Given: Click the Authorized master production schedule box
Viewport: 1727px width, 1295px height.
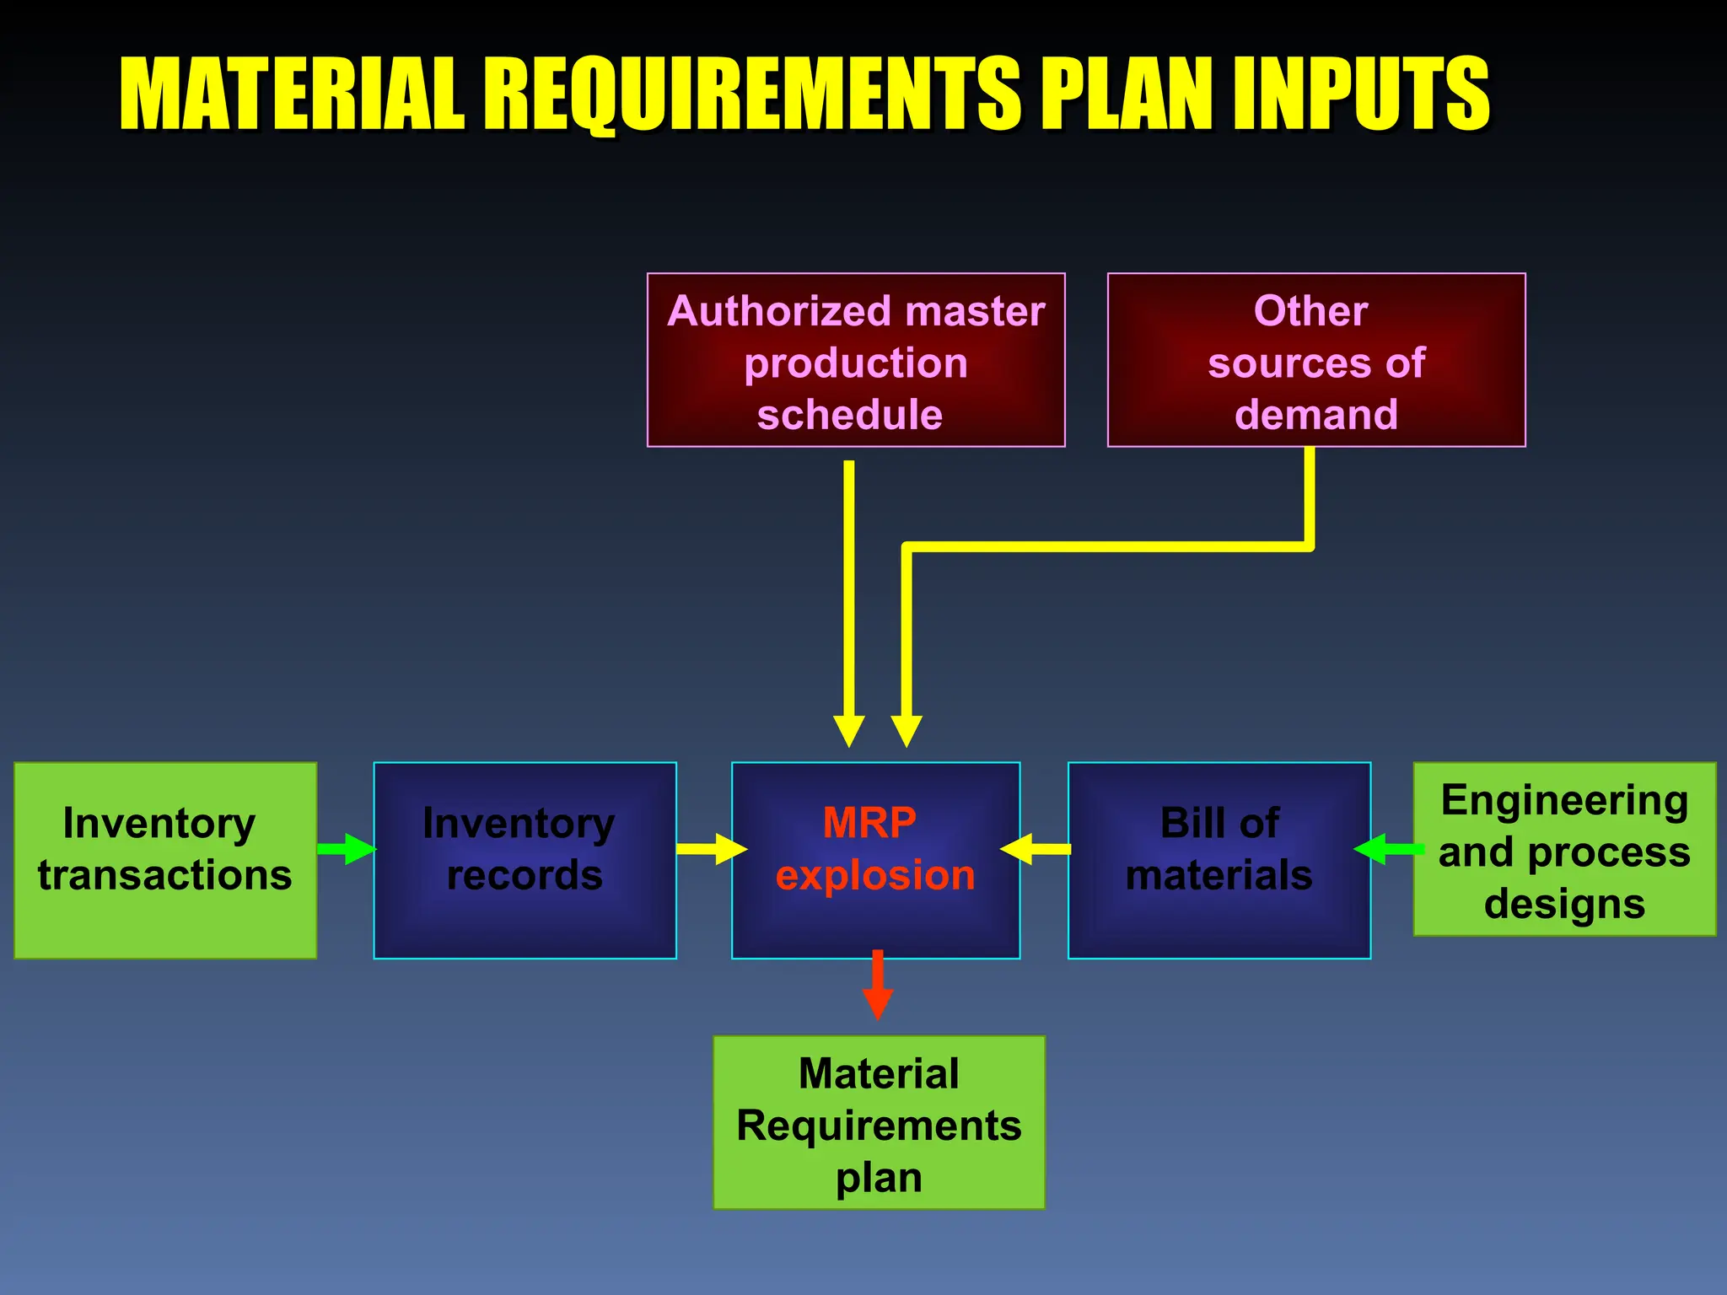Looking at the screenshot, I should (x=856, y=360).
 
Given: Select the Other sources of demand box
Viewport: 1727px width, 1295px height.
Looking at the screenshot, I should (x=1315, y=360).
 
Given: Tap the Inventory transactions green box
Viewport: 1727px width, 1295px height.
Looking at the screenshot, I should (x=165, y=860).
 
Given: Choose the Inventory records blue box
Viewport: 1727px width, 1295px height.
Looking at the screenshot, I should (x=525, y=860).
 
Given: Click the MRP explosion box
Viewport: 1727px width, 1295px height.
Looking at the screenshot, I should (x=875, y=860).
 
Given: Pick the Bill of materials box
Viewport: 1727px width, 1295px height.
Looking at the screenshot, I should (x=1219, y=860).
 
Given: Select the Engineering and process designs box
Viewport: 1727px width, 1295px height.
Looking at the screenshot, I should (x=1564, y=850).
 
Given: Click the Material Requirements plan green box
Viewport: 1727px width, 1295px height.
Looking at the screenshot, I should (x=879, y=1123).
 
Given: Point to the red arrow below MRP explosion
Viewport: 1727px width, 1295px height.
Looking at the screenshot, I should (x=878, y=985).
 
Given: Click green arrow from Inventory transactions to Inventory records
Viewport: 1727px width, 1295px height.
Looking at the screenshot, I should (x=347, y=849).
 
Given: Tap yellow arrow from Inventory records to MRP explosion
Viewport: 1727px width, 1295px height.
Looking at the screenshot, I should (x=710, y=849).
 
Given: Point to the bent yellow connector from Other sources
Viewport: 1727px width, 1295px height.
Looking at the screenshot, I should (x=1096, y=547).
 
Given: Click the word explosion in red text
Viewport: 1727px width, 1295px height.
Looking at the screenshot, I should (x=875, y=875).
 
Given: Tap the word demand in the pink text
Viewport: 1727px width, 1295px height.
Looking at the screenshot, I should (x=1315, y=415).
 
